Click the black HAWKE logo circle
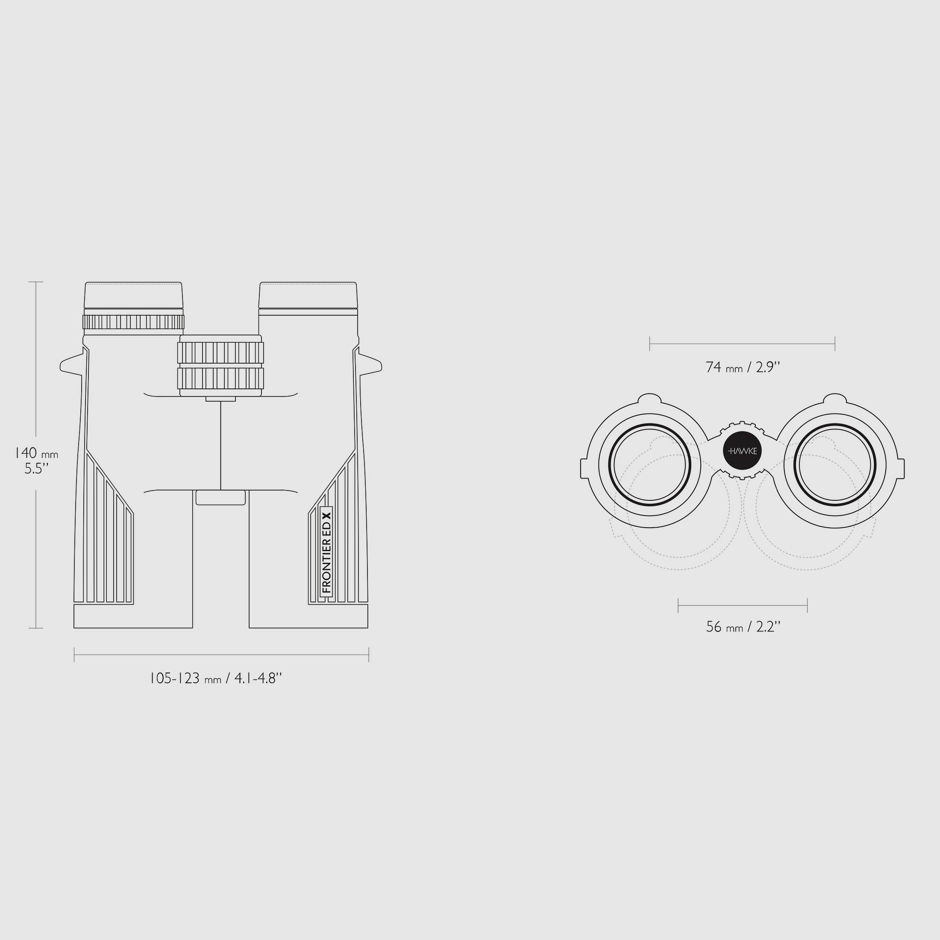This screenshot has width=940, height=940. tap(743, 451)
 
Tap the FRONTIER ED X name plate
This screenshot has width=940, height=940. tap(326, 552)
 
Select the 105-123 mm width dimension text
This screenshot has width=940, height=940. tap(215, 678)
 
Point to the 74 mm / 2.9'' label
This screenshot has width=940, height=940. tap(743, 367)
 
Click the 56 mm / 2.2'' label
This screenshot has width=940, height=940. tap(743, 627)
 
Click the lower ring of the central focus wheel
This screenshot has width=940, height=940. tap(220, 378)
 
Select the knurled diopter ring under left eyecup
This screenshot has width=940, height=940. tap(133, 322)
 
